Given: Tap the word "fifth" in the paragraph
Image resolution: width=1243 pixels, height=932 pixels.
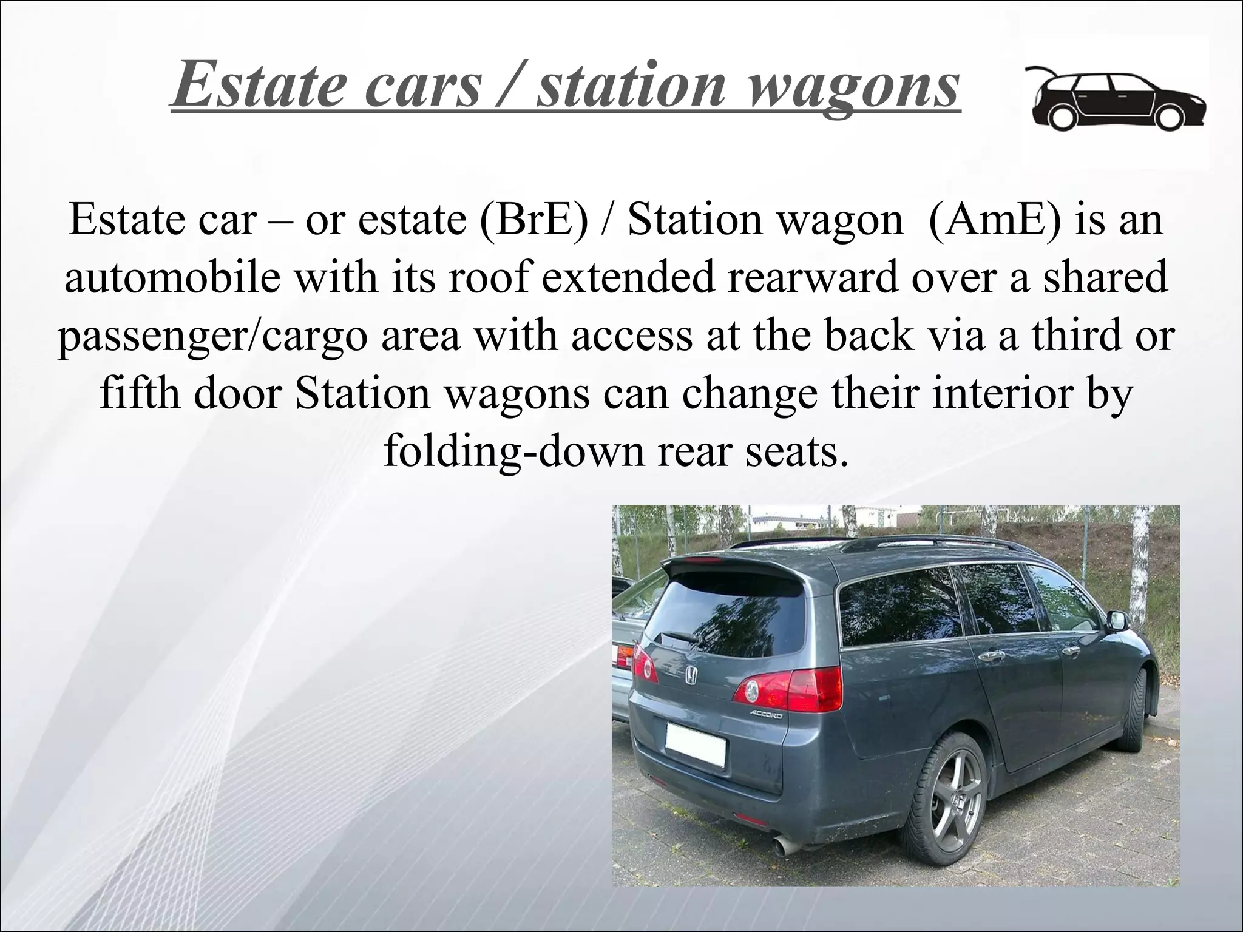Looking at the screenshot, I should pos(139,393).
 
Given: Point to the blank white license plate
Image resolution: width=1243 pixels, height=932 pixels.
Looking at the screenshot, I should pos(696,743).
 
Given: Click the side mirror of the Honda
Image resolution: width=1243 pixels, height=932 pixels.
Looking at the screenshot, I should pos(1117,620).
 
